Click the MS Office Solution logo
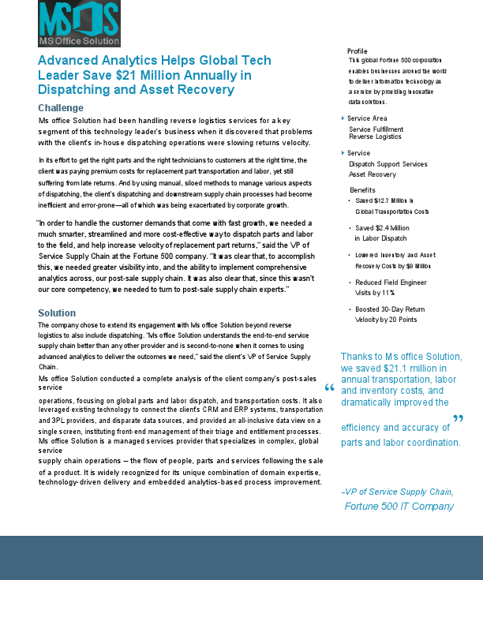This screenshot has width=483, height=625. [x=79, y=24]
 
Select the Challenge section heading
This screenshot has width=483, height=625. [x=61, y=107]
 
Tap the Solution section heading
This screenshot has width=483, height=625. [x=57, y=313]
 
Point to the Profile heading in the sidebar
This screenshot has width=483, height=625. [x=357, y=51]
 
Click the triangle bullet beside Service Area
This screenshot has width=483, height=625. [x=343, y=118]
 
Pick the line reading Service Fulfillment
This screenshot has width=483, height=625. [x=376, y=129]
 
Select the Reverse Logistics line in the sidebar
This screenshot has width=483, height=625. [x=375, y=137]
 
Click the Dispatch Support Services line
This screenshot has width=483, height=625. [x=388, y=163]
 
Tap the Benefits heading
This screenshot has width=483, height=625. [x=362, y=190]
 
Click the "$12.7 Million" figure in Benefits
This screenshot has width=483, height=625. [x=391, y=201]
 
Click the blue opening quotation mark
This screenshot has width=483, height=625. [x=329, y=388]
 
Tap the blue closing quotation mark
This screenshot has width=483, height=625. [x=458, y=419]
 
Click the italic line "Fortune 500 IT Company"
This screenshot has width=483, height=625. [x=399, y=506]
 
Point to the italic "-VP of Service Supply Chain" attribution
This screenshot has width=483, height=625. [x=397, y=492]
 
